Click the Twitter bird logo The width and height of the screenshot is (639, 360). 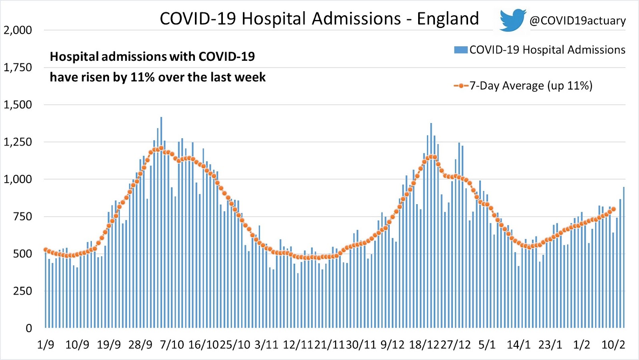[512, 20]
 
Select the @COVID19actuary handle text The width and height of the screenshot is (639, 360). [577, 21]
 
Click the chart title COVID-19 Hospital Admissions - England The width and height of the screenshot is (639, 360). [319, 19]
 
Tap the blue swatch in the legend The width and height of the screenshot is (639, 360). [460, 50]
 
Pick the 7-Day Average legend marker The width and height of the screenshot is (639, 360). [461, 86]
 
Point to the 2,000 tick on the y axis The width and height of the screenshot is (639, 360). [18, 30]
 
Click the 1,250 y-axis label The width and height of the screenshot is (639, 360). [18, 142]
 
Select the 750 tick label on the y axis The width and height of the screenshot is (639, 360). [22, 217]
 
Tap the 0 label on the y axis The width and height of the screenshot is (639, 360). [29, 328]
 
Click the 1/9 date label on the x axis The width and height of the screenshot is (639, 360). [46, 345]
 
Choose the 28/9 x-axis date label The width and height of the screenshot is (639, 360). [140, 345]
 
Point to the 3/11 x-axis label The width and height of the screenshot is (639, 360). [266, 345]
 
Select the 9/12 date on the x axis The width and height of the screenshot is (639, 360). [392, 345]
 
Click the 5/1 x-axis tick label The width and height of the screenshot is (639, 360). [487, 345]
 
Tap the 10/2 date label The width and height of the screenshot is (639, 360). [613, 345]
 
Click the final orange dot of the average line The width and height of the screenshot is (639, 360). [613, 209]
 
